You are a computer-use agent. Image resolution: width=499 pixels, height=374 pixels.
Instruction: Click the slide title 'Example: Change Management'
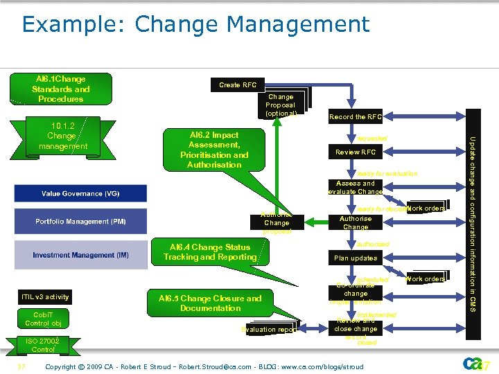coord(195,24)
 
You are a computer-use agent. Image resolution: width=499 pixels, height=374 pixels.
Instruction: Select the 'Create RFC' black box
coord(238,85)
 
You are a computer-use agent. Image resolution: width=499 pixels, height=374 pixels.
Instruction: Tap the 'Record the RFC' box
coord(356,117)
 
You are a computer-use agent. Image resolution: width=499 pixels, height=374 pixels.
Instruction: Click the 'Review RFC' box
coord(356,152)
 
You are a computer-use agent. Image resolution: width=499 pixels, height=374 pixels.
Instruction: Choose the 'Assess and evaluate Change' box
coord(356,188)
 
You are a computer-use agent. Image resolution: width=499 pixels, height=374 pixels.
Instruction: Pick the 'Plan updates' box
coord(356,258)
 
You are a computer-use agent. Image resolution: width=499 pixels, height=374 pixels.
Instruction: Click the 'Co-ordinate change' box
coord(356,293)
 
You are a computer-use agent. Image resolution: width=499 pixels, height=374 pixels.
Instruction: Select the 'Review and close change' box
coord(356,325)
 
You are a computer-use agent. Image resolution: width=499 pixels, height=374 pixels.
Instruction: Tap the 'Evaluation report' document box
coord(269,330)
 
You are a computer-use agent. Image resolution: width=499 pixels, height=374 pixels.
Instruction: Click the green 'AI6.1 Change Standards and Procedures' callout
coord(61,89)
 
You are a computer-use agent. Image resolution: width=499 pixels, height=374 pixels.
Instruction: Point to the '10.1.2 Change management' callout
coord(63,136)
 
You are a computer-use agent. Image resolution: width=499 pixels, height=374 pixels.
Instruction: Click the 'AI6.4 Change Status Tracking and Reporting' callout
coord(210,252)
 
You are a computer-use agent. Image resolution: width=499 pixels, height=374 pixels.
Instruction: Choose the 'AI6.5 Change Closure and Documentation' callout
coord(210,303)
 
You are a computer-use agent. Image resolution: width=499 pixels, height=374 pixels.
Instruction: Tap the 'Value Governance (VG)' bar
coord(80,194)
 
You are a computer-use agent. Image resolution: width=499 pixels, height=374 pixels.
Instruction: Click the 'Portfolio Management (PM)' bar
coord(80,222)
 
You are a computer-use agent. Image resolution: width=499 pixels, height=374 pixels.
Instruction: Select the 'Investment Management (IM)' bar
coord(80,255)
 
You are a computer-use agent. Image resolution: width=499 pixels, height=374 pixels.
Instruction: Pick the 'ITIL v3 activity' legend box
coord(45,297)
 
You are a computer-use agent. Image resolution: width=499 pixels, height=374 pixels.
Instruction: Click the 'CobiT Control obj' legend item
coord(43,319)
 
